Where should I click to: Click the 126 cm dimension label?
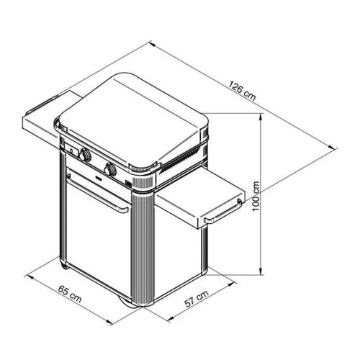[242, 91]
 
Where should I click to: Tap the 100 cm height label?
[256, 197]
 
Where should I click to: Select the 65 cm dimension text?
[70, 294]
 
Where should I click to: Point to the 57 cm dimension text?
[197, 299]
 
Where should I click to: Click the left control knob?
[85, 155]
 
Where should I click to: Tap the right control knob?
[110, 169]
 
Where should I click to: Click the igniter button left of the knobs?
[71, 150]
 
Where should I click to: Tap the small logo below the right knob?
[99, 178]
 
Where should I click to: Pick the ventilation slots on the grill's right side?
[181, 160]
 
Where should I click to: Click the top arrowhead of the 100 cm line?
[261, 117]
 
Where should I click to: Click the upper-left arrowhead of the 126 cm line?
[152, 43]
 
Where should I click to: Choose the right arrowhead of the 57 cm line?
[231, 284]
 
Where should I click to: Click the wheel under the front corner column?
[127, 301]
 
